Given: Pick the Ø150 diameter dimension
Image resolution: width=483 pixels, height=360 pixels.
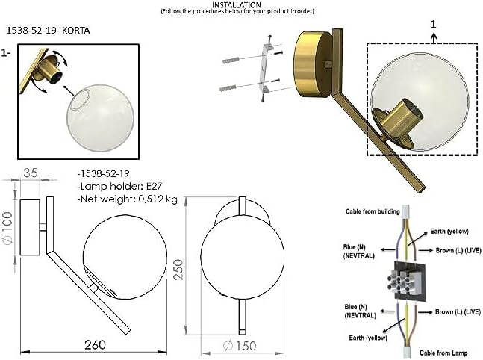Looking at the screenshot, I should [x=241, y=345].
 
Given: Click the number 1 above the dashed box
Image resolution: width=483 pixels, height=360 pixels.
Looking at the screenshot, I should [x=434, y=24].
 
